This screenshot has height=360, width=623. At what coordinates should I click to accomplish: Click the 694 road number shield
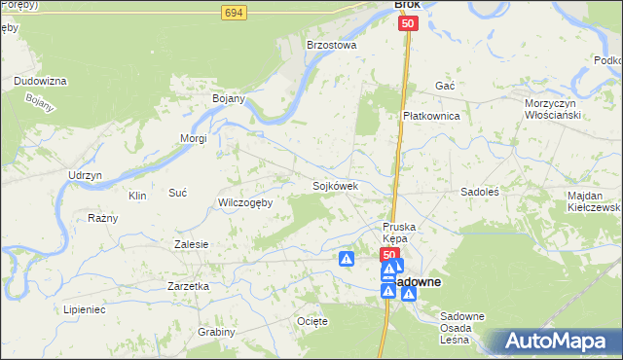coord(233,13)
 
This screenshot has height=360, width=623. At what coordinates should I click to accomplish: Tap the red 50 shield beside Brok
coord(408,23)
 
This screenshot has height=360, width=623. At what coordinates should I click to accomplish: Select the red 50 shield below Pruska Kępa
coord(388,255)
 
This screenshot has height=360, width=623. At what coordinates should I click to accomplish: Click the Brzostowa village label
coord(332,45)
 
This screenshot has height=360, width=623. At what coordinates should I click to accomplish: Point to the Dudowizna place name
coord(40,81)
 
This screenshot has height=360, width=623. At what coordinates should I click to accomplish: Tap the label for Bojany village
coord(228,98)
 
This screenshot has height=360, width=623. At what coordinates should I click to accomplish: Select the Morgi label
coord(193,138)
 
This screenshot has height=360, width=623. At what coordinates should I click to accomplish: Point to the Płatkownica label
coord(431,116)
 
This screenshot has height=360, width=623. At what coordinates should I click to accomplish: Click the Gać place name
coord(446,86)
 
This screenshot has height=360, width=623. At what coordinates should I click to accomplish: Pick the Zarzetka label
coord(189,287)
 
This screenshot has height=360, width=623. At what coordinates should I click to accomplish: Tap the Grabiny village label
coord(216,332)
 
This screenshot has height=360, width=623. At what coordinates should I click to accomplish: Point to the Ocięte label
coord(311,320)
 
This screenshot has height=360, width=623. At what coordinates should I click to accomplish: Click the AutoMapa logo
coord(561,341)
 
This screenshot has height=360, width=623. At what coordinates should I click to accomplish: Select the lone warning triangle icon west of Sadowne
coord(347,259)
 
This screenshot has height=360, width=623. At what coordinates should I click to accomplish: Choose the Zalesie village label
coord(191,244)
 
